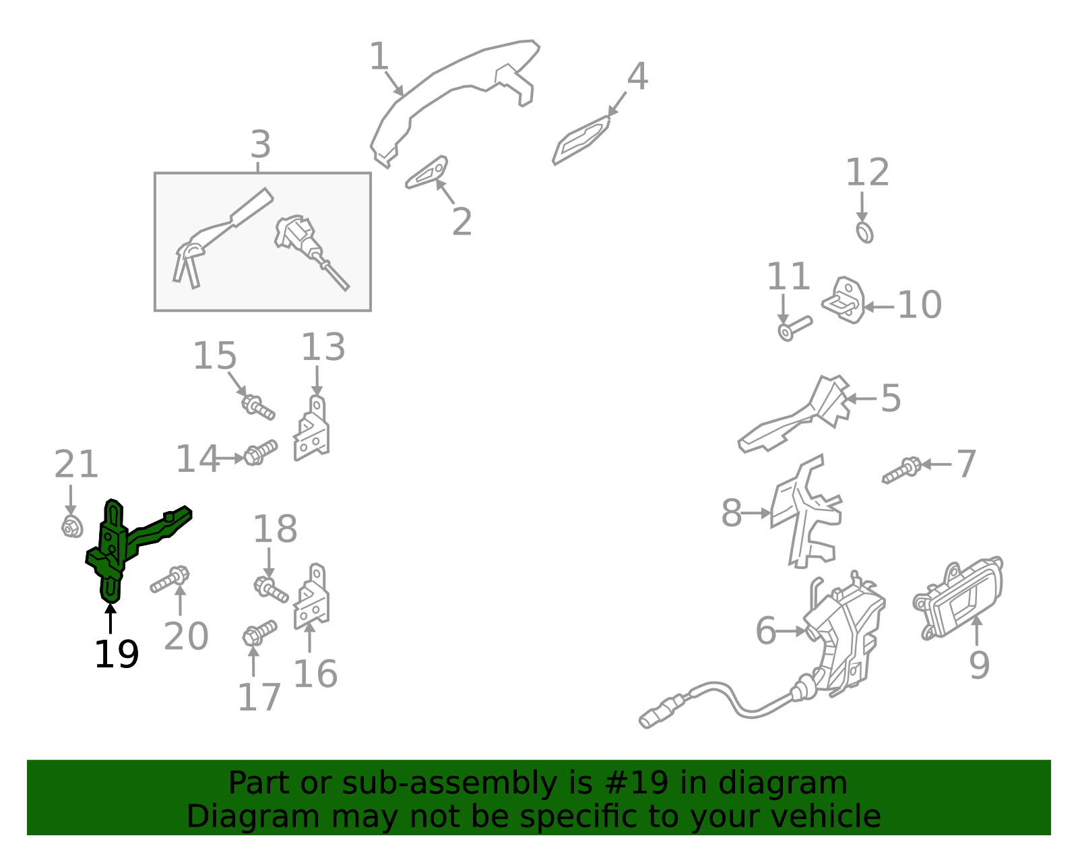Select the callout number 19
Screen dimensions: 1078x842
click(117, 654)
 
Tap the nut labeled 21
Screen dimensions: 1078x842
click(72, 527)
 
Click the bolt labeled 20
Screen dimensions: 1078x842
click(170, 580)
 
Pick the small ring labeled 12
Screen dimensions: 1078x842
click(864, 232)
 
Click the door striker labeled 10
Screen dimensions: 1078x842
click(844, 300)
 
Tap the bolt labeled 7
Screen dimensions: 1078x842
click(902, 470)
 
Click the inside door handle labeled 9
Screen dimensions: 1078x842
click(957, 598)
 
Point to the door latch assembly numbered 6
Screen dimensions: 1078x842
click(838, 640)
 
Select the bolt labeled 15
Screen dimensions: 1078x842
click(258, 408)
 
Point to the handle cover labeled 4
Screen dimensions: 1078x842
click(580, 140)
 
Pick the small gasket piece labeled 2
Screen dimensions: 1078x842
click(426, 172)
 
